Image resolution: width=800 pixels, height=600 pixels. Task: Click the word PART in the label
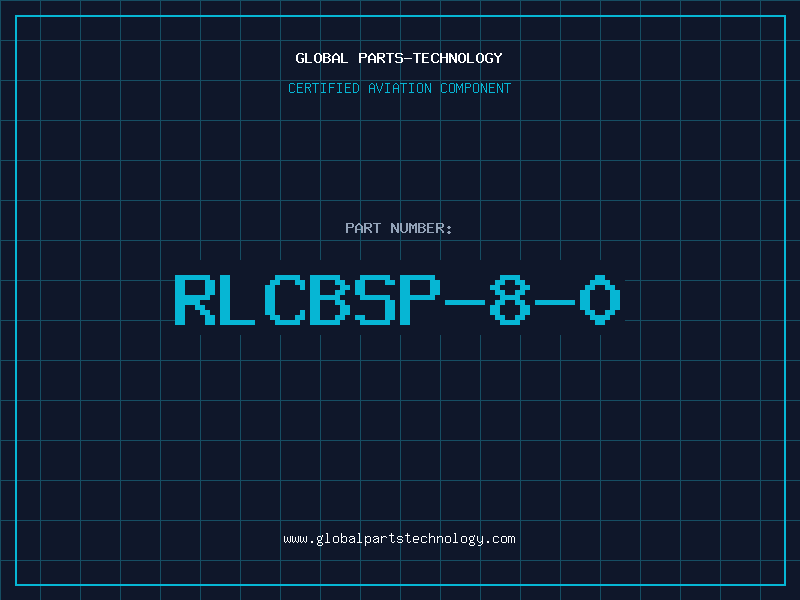click(363, 228)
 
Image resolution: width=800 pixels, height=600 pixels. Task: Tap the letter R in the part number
click(196, 298)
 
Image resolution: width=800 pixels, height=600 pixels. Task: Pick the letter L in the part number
click(241, 298)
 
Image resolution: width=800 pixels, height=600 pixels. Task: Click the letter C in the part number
click(286, 298)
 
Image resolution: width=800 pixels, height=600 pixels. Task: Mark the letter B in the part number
click(331, 298)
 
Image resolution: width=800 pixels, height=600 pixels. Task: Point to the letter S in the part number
click(376, 298)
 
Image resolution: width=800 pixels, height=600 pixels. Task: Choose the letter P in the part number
click(421, 298)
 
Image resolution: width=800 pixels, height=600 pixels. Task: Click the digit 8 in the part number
click(511, 298)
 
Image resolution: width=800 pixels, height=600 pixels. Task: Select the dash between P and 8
click(466, 298)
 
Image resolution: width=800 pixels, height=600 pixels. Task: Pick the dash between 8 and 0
click(556, 298)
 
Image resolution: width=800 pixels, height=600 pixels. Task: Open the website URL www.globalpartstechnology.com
click(399, 538)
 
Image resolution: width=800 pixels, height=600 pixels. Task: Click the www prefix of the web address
click(295, 538)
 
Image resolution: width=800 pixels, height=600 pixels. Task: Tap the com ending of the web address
click(503, 538)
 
